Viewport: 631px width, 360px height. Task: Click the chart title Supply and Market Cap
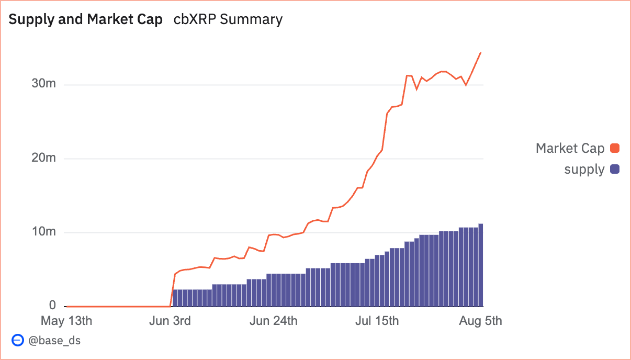point(86,19)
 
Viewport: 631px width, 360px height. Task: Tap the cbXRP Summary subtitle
point(228,19)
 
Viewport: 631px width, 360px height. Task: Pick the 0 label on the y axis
point(52,305)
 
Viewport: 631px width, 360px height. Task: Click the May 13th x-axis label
point(66,320)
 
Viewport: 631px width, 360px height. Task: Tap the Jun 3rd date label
point(170,320)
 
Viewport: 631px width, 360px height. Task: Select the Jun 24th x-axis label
point(274,320)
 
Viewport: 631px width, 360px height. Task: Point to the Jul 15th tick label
point(377,320)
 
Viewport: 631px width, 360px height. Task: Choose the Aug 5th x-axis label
point(480,320)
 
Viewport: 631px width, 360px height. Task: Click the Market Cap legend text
point(570,148)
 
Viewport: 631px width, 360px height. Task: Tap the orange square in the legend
point(615,148)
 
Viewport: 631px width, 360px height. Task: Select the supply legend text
point(584,169)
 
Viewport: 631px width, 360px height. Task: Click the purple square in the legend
point(615,169)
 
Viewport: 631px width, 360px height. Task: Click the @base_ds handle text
point(54,340)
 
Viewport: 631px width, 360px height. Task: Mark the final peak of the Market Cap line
point(480,53)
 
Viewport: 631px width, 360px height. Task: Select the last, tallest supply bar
point(481,265)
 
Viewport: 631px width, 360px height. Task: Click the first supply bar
point(175,298)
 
